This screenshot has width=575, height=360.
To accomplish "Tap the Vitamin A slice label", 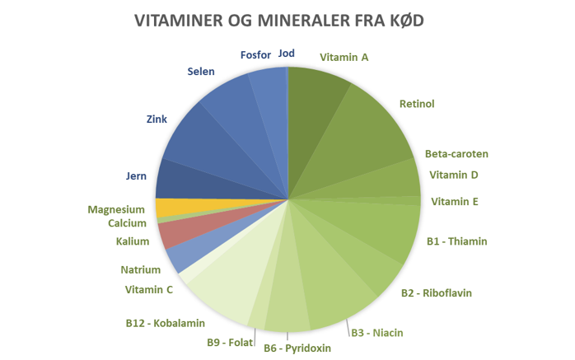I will [x=344, y=58].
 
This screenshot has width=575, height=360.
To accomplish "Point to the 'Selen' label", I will [x=201, y=72].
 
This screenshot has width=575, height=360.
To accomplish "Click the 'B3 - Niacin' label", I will [x=378, y=333].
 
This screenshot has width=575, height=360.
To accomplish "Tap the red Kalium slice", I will [x=175, y=233].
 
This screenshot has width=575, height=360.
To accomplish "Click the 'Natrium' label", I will [x=140, y=269].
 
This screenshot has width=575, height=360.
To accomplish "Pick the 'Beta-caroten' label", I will [x=456, y=154].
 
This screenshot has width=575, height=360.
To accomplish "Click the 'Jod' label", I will [x=287, y=54].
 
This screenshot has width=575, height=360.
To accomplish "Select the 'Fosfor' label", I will [x=255, y=55].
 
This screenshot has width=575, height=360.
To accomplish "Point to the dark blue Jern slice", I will [x=177, y=178].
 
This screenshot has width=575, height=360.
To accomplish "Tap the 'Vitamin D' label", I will [x=454, y=175].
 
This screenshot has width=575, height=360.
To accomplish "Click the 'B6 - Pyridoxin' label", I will [x=297, y=348].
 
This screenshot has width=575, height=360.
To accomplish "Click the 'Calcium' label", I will [x=127, y=223].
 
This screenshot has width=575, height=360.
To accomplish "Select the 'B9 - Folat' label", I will [x=231, y=342].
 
